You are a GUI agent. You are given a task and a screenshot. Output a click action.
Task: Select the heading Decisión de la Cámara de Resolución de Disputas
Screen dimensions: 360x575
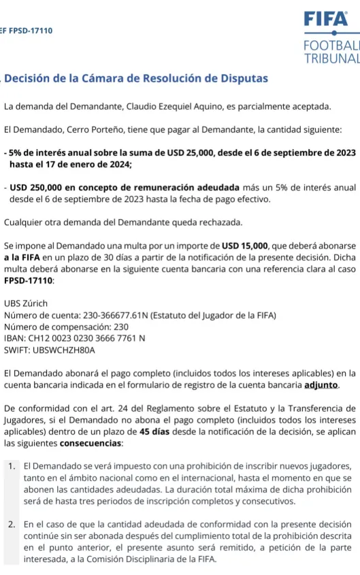[x=136, y=78]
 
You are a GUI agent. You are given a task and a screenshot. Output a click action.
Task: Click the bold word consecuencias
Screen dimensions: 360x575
[x=91, y=443]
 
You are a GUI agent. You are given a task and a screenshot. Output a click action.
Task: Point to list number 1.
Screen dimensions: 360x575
[x=12, y=466]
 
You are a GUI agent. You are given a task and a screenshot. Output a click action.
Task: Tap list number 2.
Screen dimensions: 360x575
[x=12, y=525]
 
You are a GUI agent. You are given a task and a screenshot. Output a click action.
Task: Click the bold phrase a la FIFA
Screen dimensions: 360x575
[x=24, y=257]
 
